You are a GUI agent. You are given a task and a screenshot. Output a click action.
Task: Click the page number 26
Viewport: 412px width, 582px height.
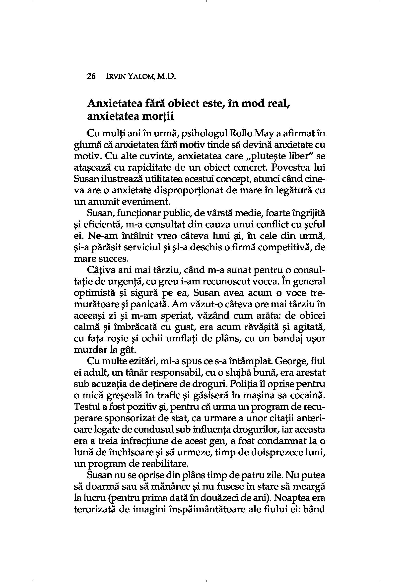tap(91, 76)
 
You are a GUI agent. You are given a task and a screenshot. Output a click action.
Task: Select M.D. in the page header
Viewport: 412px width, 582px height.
tap(166, 76)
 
